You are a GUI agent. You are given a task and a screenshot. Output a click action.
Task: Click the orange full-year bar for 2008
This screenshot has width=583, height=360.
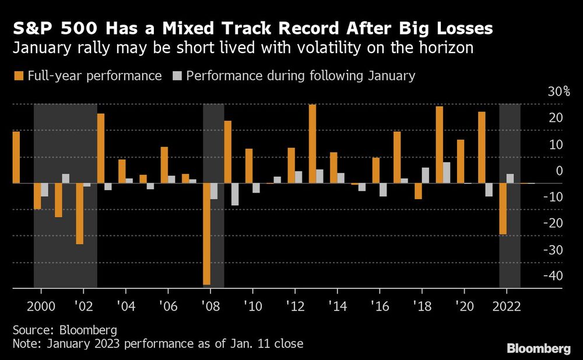(x=206, y=234)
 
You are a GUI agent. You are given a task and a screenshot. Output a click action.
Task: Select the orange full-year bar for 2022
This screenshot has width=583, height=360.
(x=503, y=209)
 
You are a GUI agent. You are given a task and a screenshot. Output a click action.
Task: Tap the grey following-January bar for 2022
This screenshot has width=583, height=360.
(x=510, y=179)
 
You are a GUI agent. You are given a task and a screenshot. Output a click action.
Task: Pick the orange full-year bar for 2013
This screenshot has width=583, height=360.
(x=312, y=144)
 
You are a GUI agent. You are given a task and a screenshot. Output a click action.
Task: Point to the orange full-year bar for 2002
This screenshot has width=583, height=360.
(x=79, y=214)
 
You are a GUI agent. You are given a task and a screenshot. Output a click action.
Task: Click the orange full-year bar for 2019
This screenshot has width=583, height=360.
(x=439, y=145)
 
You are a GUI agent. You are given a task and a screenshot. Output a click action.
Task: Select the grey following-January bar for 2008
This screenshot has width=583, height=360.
(x=214, y=191)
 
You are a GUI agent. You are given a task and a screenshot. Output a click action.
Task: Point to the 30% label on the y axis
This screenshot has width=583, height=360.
(x=558, y=92)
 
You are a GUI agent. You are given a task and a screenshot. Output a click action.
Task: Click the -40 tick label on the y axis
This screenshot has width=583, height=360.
(x=553, y=275)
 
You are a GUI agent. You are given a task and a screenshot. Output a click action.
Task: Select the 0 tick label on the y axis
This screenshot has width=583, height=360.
(x=559, y=171)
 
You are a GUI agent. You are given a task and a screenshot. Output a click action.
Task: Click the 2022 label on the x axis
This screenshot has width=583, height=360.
(x=507, y=305)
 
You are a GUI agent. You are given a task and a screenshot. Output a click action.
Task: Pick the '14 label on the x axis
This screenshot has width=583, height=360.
(x=337, y=305)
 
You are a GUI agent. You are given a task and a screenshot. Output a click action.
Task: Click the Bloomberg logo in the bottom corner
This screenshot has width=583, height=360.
(x=539, y=348)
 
